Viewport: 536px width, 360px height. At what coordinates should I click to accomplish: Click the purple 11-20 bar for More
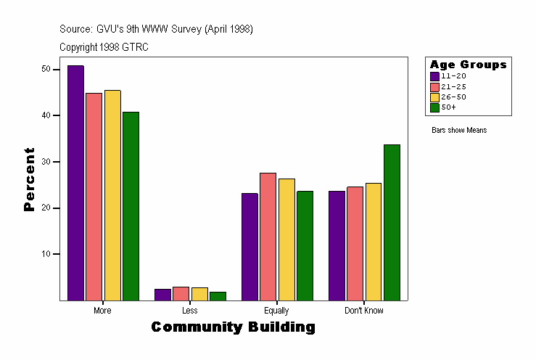(x=75, y=183)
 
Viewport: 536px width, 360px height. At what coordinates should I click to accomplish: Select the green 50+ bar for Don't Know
(x=392, y=222)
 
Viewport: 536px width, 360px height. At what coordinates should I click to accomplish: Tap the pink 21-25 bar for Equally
(x=268, y=237)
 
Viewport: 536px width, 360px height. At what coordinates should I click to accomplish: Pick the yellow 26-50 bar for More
(x=112, y=195)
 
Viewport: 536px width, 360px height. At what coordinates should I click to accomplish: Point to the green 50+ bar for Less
(x=218, y=296)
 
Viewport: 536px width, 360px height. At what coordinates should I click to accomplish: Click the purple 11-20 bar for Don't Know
(x=336, y=245)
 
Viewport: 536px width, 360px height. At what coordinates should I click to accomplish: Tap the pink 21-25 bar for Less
(x=181, y=293)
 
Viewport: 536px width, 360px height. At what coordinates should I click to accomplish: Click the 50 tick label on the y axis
(x=46, y=69)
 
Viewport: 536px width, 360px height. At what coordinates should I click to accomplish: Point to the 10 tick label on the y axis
(x=46, y=254)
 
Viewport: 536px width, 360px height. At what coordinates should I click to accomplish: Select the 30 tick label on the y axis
(x=46, y=162)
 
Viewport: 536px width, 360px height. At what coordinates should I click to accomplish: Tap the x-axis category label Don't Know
(x=364, y=311)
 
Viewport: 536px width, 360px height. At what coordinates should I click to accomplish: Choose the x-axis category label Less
(x=190, y=311)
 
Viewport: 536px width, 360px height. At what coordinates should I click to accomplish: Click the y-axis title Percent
(x=29, y=179)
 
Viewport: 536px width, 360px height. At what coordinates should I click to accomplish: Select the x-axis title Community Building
(x=233, y=327)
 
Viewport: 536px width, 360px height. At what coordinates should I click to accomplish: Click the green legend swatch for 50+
(x=434, y=107)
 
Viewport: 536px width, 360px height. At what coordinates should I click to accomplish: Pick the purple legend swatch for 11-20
(x=434, y=76)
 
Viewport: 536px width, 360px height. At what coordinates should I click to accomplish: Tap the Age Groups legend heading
(x=468, y=65)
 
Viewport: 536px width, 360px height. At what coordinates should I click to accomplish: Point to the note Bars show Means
(x=459, y=131)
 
